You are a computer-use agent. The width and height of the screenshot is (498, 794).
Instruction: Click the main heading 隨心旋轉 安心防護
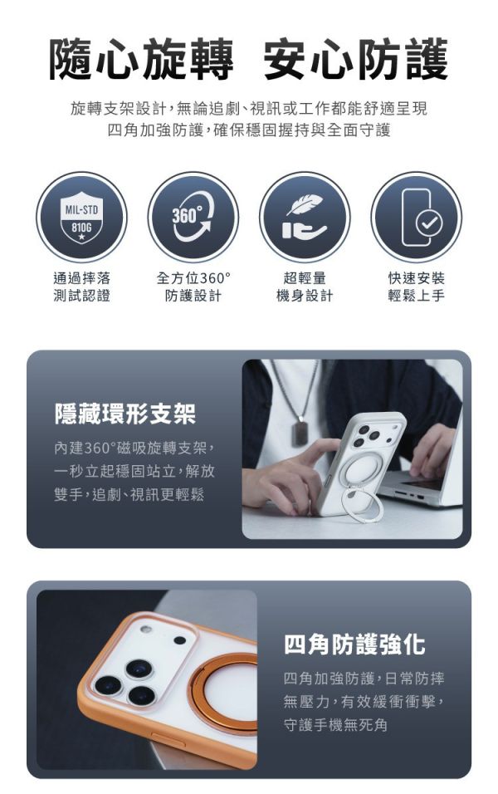tap(248, 59)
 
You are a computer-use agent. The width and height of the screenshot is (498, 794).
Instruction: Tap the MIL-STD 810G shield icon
tap(81, 218)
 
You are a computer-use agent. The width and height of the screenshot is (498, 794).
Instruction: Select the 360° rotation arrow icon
tap(193, 218)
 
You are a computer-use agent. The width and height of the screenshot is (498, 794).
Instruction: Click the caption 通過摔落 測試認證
tap(81, 287)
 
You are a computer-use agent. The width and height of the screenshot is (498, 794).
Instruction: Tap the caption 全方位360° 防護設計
tap(193, 287)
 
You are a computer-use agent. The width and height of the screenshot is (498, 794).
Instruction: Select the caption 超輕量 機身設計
tap(305, 287)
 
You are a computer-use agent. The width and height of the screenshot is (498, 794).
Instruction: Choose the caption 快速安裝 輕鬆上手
tap(416, 287)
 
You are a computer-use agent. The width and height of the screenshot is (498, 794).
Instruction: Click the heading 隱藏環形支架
tap(124, 414)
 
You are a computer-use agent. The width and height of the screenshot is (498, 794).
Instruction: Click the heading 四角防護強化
tap(354, 645)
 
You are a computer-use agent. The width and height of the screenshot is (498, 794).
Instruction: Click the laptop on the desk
tap(420, 486)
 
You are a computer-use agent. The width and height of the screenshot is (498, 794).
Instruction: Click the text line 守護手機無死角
tap(335, 725)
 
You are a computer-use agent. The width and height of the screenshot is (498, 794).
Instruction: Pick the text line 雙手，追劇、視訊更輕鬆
tap(129, 494)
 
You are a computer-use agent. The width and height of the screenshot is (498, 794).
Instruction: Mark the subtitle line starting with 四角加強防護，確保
tap(248, 130)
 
